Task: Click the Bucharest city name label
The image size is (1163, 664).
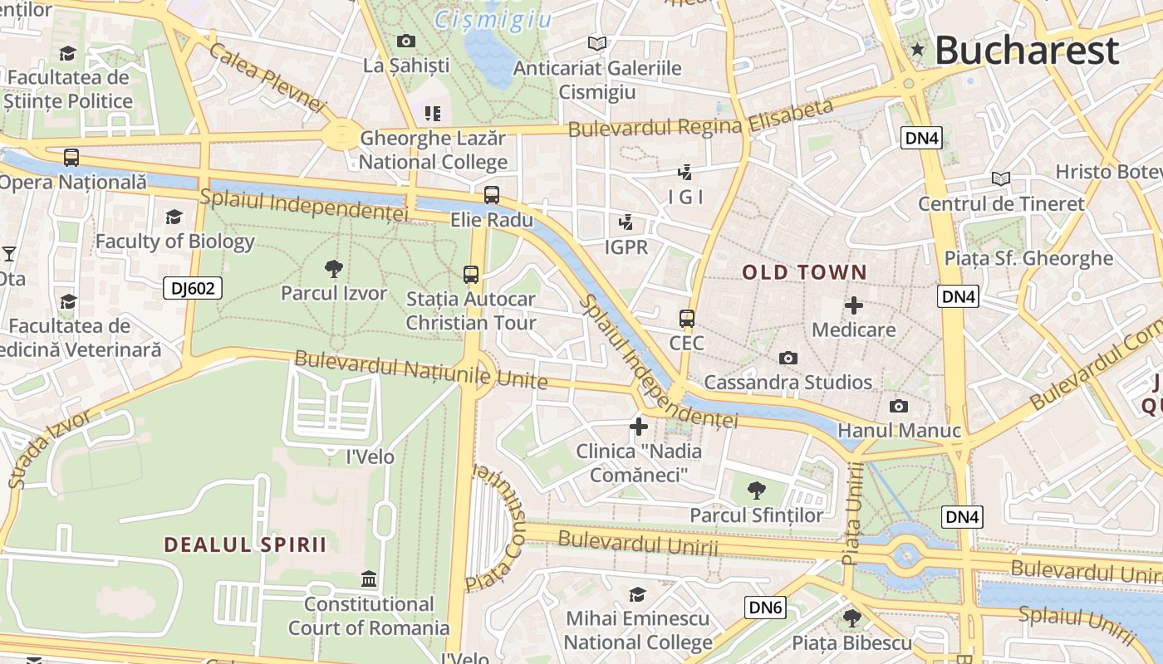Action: (x=1027, y=51)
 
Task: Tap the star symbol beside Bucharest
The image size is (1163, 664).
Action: (x=917, y=50)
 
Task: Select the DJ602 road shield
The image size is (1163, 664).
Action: (x=192, y=288)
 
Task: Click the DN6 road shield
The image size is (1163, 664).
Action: (x=765, y=608)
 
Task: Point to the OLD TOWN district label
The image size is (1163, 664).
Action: (x=803, y=272)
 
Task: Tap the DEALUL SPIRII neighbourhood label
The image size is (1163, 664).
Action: (x=245, y=545)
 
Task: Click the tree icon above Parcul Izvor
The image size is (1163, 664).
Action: (x=334, y=268)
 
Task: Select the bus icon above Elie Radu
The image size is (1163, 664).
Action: (x=492, y=195)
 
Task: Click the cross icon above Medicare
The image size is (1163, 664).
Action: (x=853, y=305)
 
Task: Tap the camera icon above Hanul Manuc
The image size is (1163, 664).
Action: (x=898, y=406)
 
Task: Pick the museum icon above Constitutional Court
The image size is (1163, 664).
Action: (x=369, y=579)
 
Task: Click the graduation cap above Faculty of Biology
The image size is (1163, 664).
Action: (x=174, y=217)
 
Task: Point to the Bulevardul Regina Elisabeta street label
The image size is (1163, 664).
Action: (x=700, y=119)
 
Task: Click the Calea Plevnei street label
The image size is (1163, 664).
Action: (x=267, y=77)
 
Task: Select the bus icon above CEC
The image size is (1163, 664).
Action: (x=686, y=318)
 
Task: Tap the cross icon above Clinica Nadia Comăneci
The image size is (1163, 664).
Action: (x=638, y=427)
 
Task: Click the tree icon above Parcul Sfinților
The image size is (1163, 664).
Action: (x=756, y=490)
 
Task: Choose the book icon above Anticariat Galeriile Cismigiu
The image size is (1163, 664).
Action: (x=596, y=43)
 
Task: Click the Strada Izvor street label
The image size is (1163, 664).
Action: (x=50, y=448)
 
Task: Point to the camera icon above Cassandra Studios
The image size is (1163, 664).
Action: (x=788, y=358)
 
